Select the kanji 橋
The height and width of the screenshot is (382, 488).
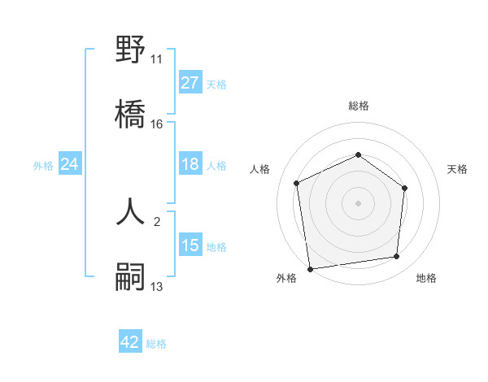pos(131,115)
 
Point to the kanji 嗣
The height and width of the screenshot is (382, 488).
pos(131,277)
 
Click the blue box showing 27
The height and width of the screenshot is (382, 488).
pos(190,83)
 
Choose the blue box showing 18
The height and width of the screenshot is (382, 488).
pos(190,164)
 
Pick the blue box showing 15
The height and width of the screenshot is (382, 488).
pos(190,245)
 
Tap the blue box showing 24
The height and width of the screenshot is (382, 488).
pos(69,164)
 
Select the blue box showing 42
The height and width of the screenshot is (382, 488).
pos(130,342)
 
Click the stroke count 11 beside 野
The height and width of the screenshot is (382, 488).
pos(157,59)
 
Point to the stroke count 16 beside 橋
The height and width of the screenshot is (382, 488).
pos(157,124)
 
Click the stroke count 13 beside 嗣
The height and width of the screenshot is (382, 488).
pos(157,287)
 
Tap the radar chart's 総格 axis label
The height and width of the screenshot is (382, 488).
pos(358,106)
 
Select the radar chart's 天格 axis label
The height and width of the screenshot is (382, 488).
pos(457,169)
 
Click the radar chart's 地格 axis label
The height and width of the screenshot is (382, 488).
pos(426,278)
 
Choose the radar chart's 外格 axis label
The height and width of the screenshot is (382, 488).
pos(286,278)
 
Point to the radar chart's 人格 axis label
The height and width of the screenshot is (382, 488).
pos(260,169)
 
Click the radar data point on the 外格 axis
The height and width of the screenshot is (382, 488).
pos(310,268)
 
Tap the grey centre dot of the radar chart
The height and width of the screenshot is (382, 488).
pos(358,202)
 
